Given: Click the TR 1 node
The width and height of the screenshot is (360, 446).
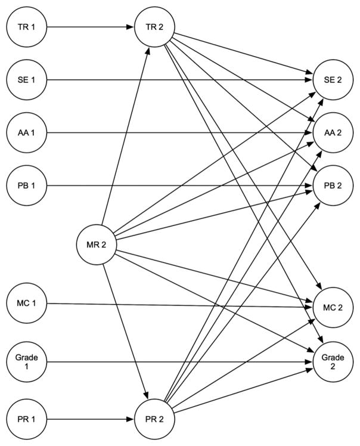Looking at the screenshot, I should [26, 27].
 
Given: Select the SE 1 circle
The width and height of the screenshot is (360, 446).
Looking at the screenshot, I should [26, 79].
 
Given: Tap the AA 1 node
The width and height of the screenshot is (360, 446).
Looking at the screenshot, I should [26, 131].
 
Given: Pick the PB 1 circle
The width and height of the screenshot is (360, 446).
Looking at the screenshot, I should [26, 185].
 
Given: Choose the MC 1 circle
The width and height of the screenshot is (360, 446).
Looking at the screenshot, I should [26, 304].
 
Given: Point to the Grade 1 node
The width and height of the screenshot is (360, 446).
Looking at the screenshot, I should [26, 361].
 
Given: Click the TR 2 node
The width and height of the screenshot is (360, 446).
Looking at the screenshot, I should [154, 27].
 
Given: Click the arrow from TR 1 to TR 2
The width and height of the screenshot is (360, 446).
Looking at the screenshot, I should [89, 27].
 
